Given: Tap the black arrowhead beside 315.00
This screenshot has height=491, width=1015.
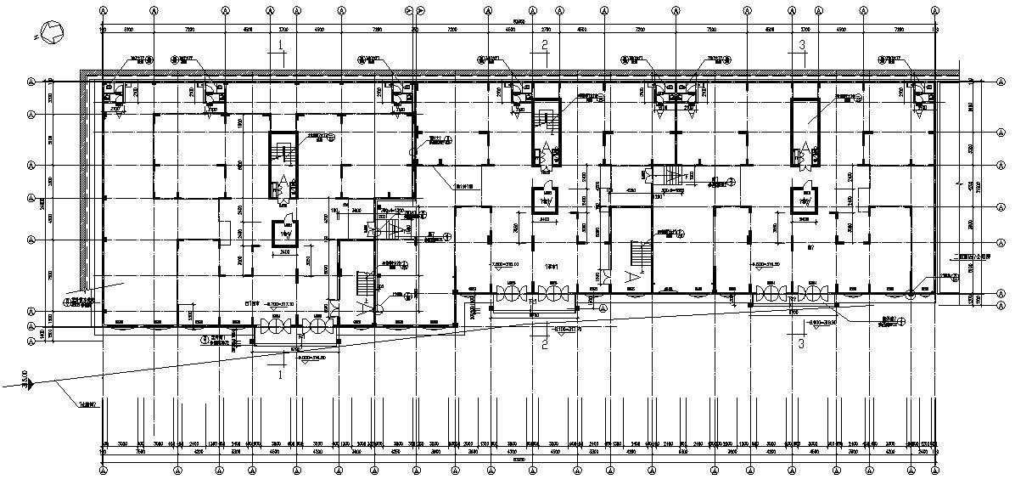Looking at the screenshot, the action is [x=31, y=384].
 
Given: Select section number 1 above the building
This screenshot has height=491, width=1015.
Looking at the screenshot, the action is [x=279, y=46].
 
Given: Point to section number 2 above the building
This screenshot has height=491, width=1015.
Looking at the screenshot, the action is [x=545, y=46].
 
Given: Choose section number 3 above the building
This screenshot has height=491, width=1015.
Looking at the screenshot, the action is [x=801, y=46].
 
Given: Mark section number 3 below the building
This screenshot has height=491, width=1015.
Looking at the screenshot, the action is [x=801, y=343].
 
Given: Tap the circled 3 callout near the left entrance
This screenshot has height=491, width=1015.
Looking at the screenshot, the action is [x=205, y=339].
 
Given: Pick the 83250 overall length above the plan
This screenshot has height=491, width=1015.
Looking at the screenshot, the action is [x=518, y=20].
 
